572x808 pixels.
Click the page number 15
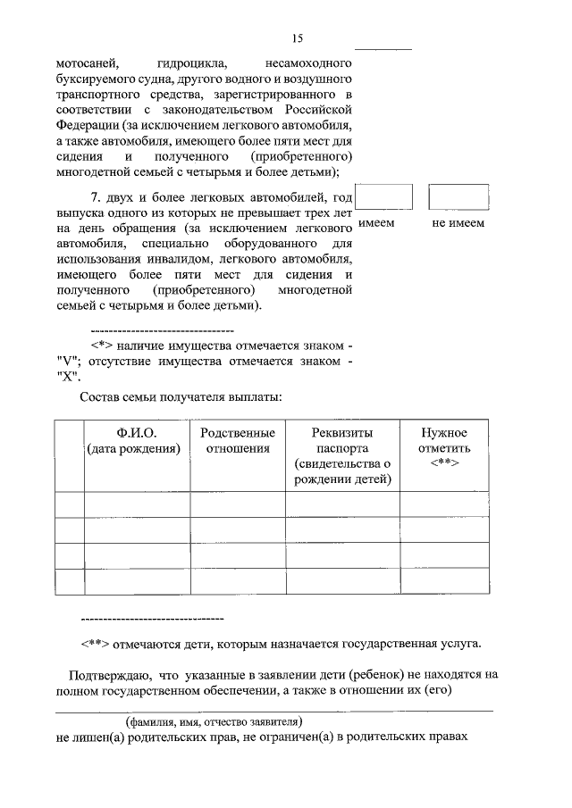pyautogui.click(x=298, y=37)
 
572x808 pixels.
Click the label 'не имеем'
pyautogui.click(x=458, y=224)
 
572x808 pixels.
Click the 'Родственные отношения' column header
pyautogui.click(x=237, y=440)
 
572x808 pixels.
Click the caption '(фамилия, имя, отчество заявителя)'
pyautogui.click(x=214, y=721)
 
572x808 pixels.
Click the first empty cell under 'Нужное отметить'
pyautogui.click(x=444, y=504)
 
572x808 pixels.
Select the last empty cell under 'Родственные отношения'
pyautogui.click(x=237, y=581)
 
